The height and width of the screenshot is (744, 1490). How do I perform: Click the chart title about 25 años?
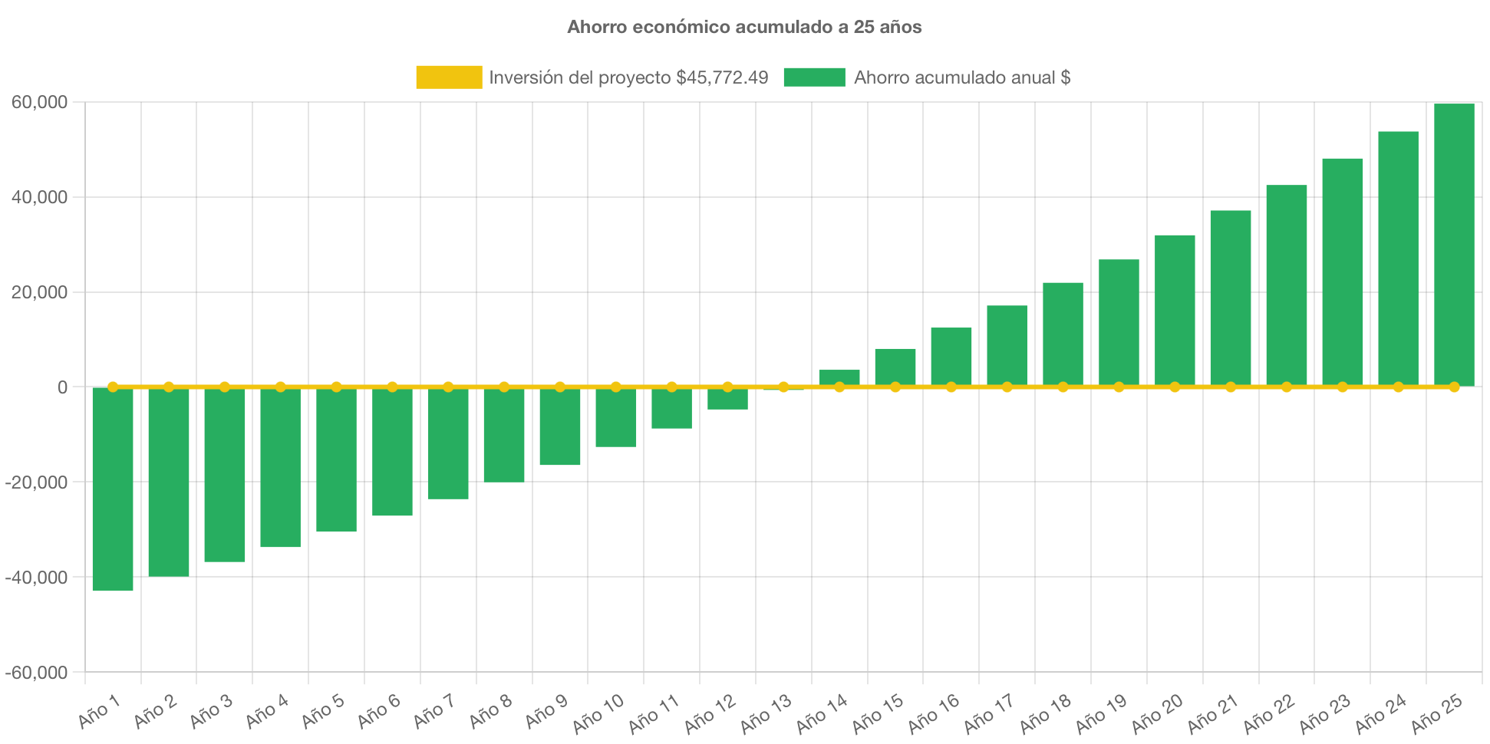[x=744, y=27]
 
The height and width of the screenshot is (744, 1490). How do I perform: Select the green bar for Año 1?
[x=113, y=491]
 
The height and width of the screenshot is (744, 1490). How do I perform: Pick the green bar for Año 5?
[x=336, y=460]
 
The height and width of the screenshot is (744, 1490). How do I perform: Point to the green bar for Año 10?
[x=616, y=419]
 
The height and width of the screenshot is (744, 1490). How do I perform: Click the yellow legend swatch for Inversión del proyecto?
[x=449, y=77]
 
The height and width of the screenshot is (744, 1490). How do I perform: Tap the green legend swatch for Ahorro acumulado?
[x=814, y=77]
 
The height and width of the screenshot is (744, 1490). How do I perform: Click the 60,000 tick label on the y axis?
[x=40, y=103]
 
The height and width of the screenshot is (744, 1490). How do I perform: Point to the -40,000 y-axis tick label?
[x=36, y=578]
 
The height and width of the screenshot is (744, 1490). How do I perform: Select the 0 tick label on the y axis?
[x=62, y=387]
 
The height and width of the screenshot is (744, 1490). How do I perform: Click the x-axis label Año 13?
[x=766, y=713]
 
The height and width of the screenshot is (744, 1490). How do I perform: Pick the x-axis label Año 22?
[x=1269, y=713]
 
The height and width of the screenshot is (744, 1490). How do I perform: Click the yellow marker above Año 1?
[x=113, y=387]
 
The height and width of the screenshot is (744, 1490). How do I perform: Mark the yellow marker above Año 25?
[x=1454, y=387]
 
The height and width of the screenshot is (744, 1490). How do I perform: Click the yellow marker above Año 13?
[x=783, y=387]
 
